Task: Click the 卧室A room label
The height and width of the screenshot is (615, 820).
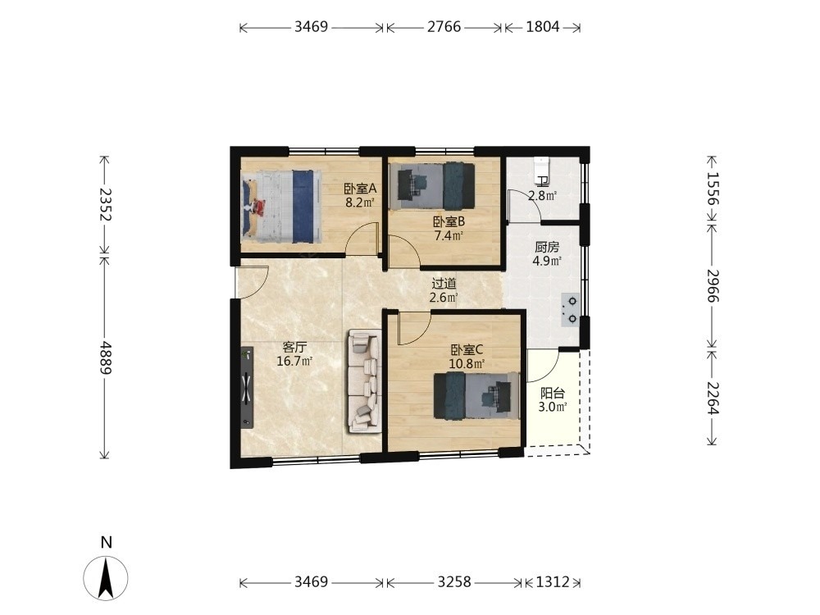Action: coord(360,188)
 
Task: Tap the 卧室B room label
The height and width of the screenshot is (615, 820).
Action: coord(449,221)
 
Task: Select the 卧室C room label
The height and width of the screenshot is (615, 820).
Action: coord(467,349)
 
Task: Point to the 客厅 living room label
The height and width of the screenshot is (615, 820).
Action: coord(294,347)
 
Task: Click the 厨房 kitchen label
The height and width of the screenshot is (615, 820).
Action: coord(546,247)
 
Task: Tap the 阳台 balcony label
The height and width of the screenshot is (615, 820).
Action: coord(552,393)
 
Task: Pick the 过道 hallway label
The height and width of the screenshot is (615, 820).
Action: coord(444,284)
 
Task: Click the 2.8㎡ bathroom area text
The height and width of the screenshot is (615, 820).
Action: coord(542,196)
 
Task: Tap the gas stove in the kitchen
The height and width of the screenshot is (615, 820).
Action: coord(570,310)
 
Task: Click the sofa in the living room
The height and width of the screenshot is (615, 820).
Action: coord(365,381)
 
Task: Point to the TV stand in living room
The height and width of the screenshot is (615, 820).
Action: coord(247,388)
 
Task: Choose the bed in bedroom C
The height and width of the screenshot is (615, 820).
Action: coord(476,395)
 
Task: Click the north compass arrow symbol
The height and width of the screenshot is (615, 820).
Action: coord(106,578)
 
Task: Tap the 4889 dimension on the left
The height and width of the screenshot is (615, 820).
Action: coord(106,358)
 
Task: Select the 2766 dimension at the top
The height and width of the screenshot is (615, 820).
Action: coord(444,27)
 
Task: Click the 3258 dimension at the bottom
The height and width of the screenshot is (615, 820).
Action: coord(454,581)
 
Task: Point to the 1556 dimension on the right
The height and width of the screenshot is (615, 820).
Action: coord(713,189)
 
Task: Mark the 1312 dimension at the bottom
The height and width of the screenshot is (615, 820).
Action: coord(552,581)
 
